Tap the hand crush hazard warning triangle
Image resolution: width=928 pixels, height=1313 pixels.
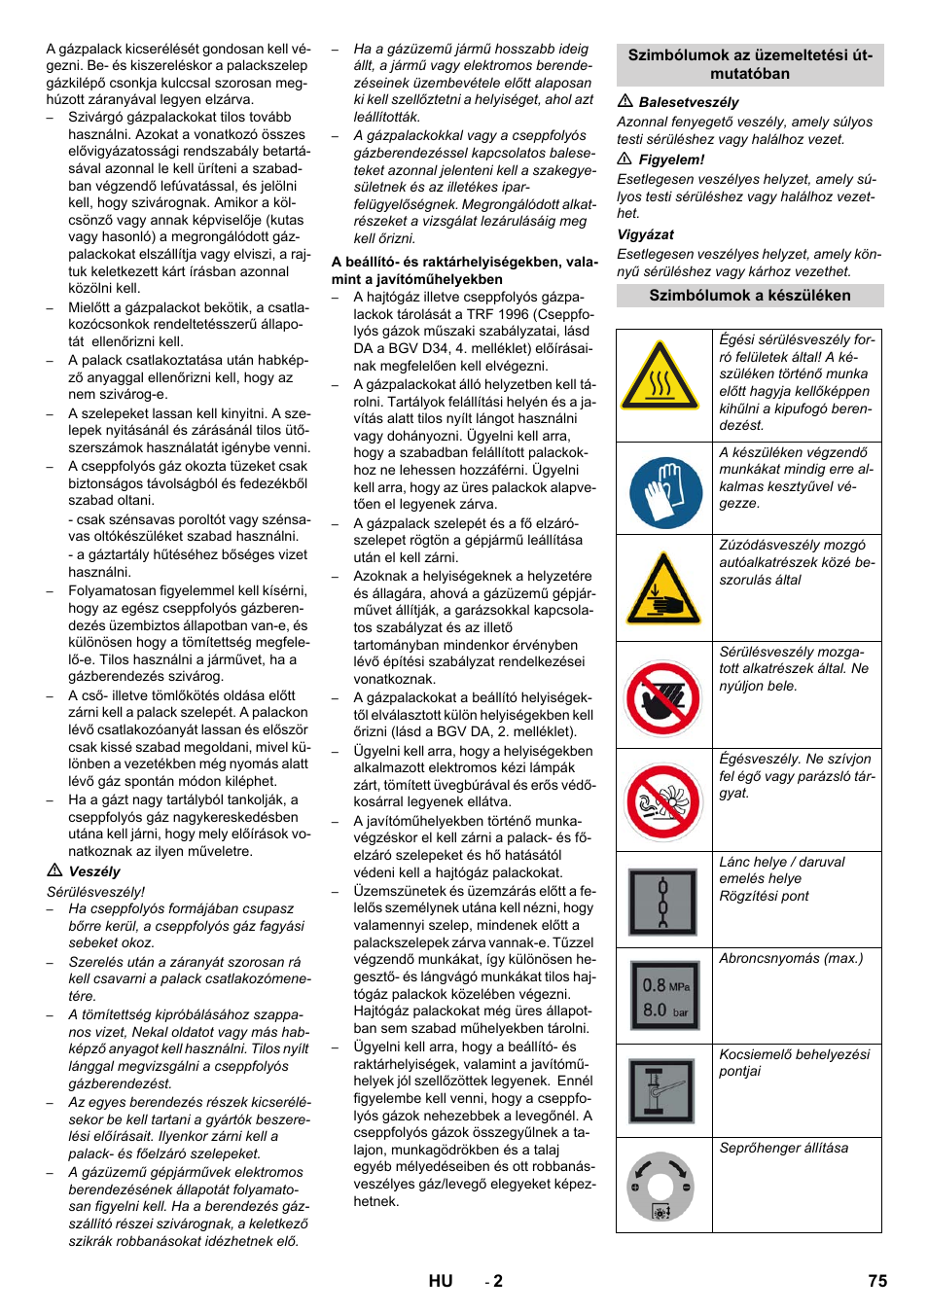click(663, 589)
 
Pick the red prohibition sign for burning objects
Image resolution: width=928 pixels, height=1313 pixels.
click(663, 802)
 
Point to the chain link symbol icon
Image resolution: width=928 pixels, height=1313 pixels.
click(663, 902)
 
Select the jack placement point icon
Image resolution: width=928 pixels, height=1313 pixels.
click(663, 1091)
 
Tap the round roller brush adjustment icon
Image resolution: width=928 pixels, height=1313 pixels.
click(660, 1187)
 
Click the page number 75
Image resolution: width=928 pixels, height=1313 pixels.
click(877, 1281)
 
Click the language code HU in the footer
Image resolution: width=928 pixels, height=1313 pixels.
click(441, 1281)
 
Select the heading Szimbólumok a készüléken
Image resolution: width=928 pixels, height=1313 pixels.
click(750, 296)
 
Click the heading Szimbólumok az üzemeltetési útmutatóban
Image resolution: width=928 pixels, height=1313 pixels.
click(750, 64)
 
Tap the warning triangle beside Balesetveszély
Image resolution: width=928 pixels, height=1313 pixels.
click(625, 101)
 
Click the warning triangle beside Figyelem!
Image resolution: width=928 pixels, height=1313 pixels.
click(625, 159)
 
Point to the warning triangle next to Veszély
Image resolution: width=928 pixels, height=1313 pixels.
click(54, 870)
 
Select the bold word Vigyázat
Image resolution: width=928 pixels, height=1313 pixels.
click(645, 234)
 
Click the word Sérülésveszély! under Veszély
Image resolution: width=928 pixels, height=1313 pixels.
click(95, 891)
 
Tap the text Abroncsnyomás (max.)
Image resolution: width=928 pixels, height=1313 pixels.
click(791, 958)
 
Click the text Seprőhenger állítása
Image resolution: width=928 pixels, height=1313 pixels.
click(783, 1148)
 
